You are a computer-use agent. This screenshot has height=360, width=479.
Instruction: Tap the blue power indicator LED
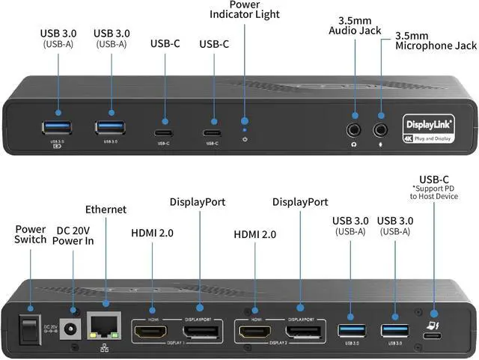pos(245,120)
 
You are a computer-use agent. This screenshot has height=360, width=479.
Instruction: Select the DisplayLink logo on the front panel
pos(424,123)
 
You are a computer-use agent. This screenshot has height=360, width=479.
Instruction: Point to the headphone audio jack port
pos(354,118)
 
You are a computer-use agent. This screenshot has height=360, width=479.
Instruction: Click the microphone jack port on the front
pos(382,118)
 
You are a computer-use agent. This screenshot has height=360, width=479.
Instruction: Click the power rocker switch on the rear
pos(29,316)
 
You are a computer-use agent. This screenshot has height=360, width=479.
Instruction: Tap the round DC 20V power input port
pos(73,327)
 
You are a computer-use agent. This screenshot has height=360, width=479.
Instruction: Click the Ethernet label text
pos(106,210)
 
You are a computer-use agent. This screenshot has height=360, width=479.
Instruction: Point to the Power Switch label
pos(30,234)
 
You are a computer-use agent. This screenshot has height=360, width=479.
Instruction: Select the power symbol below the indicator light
pos(245,139)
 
